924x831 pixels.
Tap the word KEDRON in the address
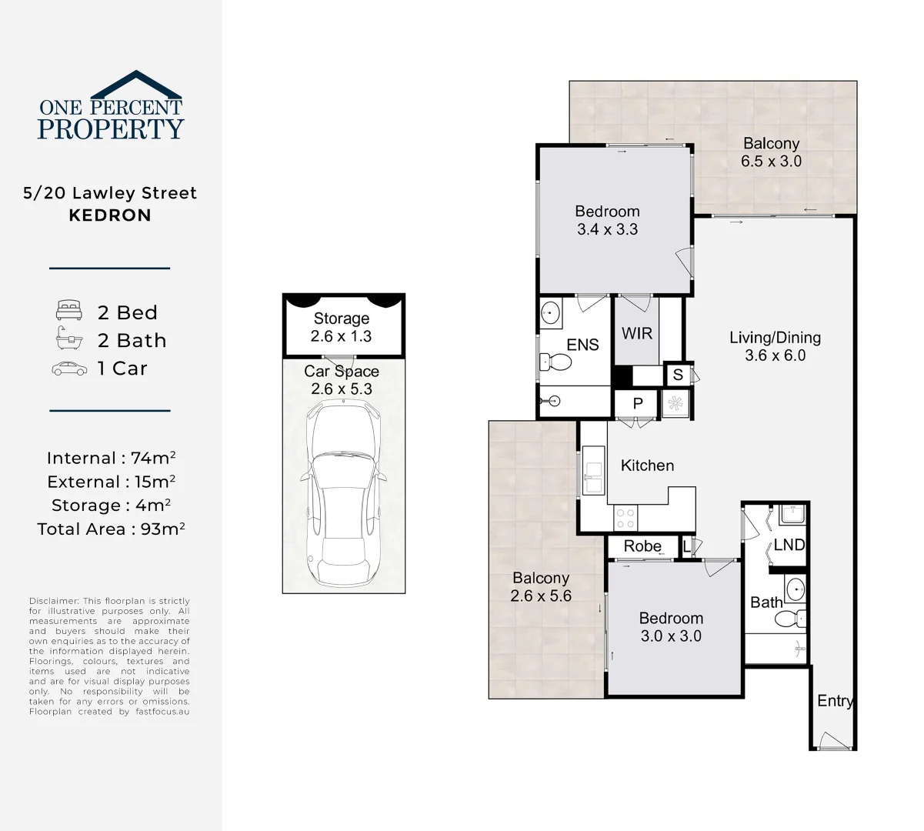pos(110,215)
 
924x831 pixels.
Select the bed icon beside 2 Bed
pos(69,312)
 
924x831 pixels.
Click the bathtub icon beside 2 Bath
pos(69,339)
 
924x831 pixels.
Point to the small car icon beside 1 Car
pos(69,369)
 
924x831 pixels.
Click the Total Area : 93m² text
pos(111,529)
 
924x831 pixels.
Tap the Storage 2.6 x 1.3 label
pos(342,327)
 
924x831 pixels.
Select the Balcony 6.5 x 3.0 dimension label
pos(771,152)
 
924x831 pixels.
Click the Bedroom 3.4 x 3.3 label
pos(607,220)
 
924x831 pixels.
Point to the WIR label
pos(637,333)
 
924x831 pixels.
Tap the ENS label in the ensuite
pos(582,345)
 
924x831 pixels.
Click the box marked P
pos(637,403)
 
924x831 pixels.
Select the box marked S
pos(678,375)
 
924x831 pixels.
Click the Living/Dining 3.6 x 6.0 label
pos(775,346)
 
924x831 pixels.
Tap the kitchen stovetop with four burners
pos(625,519)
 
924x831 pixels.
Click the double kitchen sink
pos(593,476)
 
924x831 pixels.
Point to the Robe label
pos(642,546)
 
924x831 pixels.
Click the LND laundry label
pos(789,545)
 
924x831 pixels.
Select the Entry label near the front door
pos(835,701)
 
